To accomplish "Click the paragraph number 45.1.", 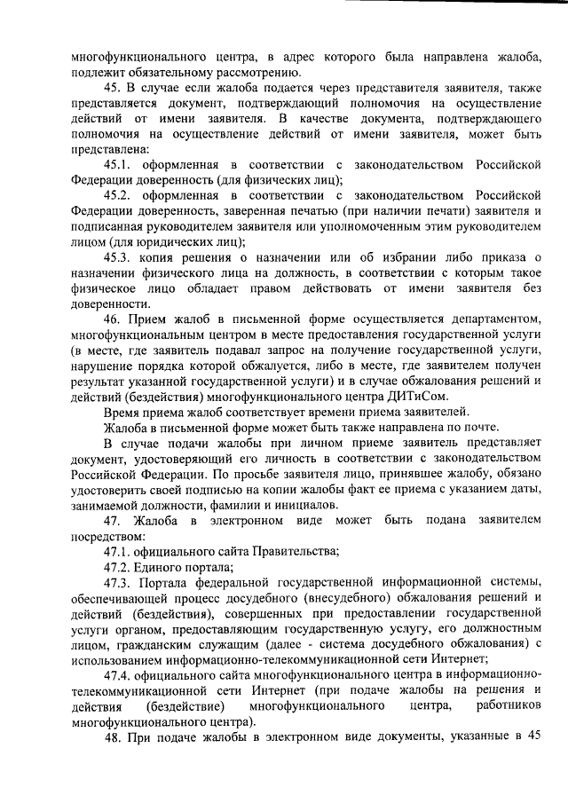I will [x=118, y=166].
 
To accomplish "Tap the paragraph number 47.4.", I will [x=118, y=673].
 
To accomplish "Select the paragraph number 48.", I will [x=113, y=734].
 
